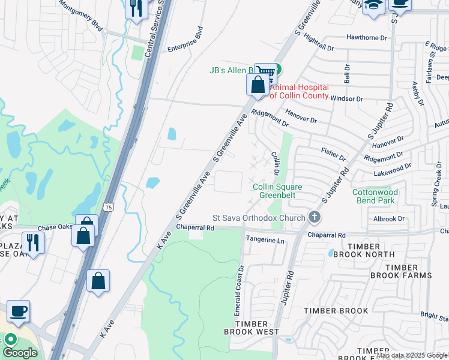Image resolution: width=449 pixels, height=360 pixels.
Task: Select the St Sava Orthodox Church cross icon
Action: [x=313, y=217]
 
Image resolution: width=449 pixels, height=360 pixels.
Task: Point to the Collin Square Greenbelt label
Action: [x=277, y=191]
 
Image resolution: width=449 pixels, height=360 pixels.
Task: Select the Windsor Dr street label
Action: [x=347, y=98]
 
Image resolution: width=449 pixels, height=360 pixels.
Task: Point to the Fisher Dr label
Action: [x=334, y=154]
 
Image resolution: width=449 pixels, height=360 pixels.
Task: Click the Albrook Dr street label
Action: [x=389, y=219]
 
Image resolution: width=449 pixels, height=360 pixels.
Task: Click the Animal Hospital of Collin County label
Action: [x=299, y=91]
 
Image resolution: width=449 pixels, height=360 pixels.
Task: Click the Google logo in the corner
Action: [x=20, y=353]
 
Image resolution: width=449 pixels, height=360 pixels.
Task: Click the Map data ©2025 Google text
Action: [x=412, y=355]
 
